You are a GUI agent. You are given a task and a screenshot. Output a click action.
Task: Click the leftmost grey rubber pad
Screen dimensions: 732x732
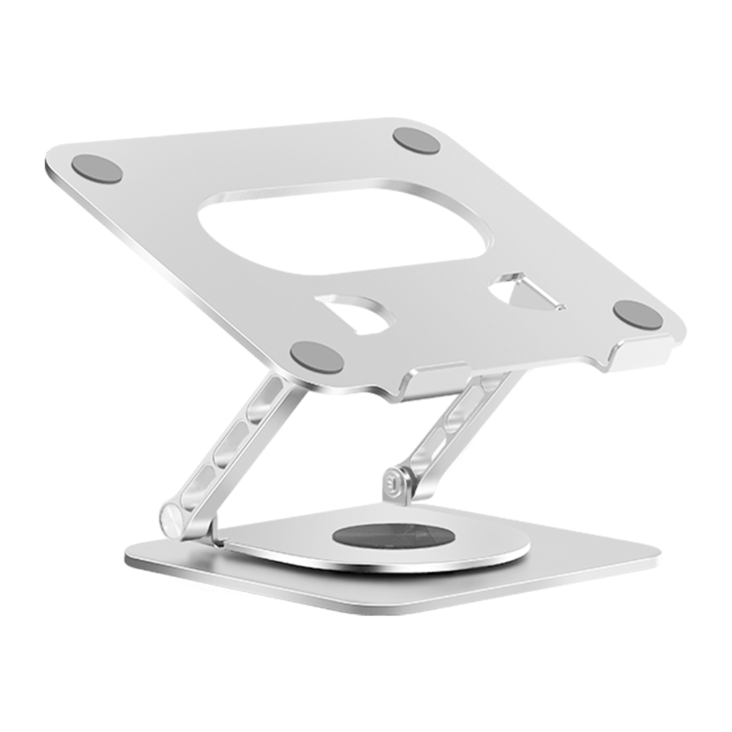[97, 169]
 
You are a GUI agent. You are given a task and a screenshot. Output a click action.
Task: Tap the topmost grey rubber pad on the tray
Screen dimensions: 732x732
[416, 140]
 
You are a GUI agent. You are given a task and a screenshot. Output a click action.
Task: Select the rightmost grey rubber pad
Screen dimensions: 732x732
[638, 315]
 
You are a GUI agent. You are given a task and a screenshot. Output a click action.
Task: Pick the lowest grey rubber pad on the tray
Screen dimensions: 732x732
[317, 357]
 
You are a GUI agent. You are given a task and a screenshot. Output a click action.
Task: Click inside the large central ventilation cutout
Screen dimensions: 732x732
[342, 227]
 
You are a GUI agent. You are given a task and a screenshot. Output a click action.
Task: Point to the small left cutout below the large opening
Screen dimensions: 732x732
[356, 313]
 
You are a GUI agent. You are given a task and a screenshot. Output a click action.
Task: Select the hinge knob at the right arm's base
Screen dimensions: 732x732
[395, 483]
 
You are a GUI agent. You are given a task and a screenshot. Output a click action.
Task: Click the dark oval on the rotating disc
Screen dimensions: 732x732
[393, 535]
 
